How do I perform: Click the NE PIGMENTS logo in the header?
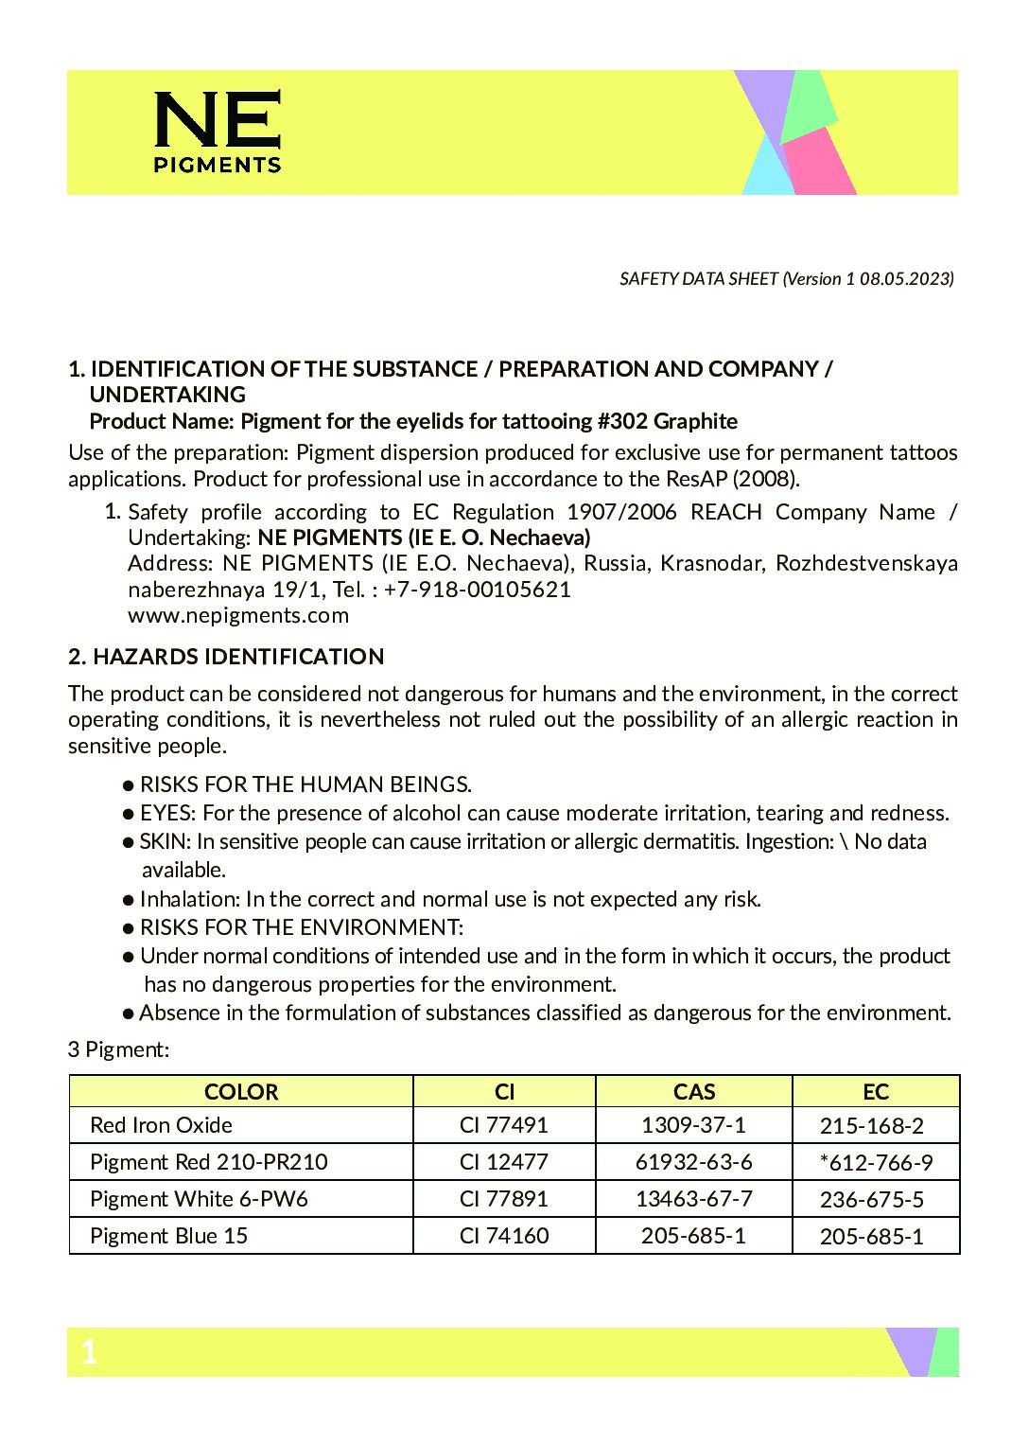coord(218,132)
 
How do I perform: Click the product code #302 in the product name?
coord(623,421)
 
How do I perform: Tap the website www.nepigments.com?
coord(238,615)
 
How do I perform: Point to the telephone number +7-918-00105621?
coord(478,590)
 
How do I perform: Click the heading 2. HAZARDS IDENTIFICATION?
coord(226,657)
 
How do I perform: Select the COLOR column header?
coord(241,1092)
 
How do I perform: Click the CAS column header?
coord(693,1092)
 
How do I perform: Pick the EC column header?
coord(875,1092)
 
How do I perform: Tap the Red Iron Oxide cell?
coord(161,1125)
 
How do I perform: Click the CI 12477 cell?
coord(503,1162)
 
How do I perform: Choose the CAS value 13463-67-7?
coord(693,1199)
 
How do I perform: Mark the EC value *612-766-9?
coord(875,1163)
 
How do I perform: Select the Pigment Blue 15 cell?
coord(168,1236)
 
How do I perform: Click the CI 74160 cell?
coord(503,1236)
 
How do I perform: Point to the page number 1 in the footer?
coord(89,1352)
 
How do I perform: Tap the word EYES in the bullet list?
coord(166,813)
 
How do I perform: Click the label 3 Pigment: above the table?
coord(118,1049)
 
